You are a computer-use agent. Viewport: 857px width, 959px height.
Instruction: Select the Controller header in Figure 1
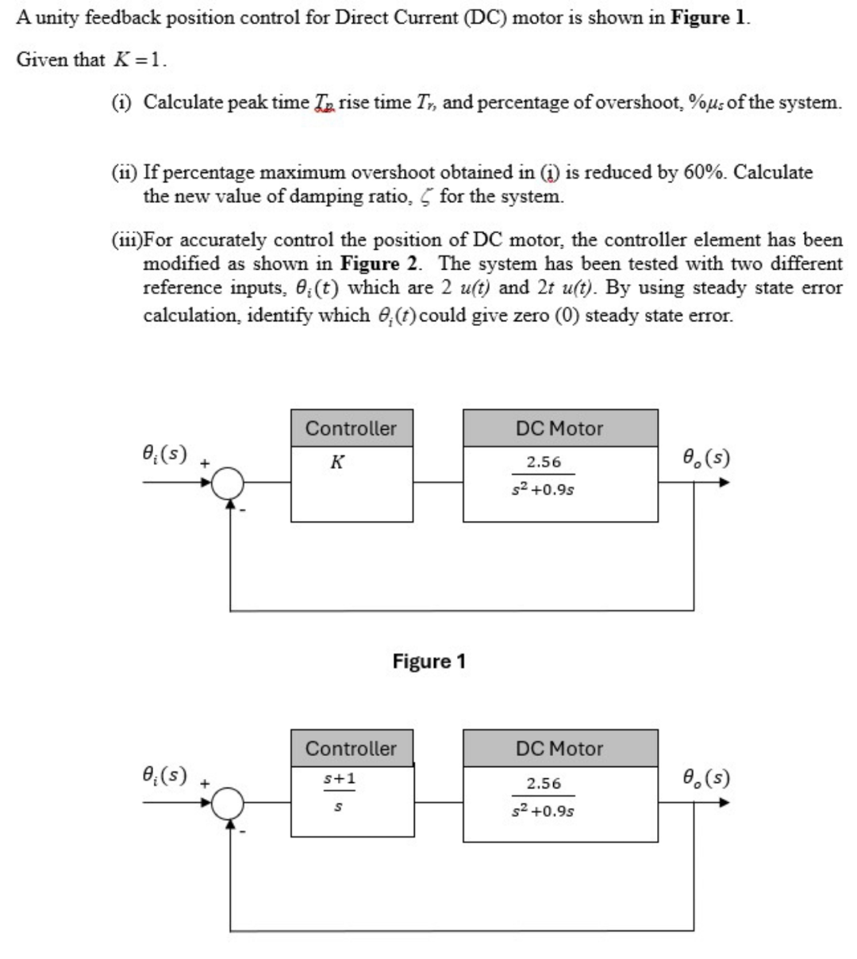point(351,428)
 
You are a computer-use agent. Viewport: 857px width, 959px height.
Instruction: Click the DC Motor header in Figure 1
point(559,428)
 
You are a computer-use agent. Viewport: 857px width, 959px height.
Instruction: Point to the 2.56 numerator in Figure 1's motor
point(544,462)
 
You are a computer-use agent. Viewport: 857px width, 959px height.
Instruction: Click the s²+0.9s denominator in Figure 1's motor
point(544,489)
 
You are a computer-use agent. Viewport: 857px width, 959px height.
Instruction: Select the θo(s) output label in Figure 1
point(705,458)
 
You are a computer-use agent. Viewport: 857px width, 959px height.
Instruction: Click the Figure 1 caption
point(428,661)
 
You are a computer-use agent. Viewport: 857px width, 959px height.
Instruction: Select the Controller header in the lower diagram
point(351,748)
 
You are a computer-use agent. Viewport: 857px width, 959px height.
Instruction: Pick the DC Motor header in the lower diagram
point(559,748)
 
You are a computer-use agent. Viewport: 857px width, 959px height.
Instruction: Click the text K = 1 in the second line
point(139,60)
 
